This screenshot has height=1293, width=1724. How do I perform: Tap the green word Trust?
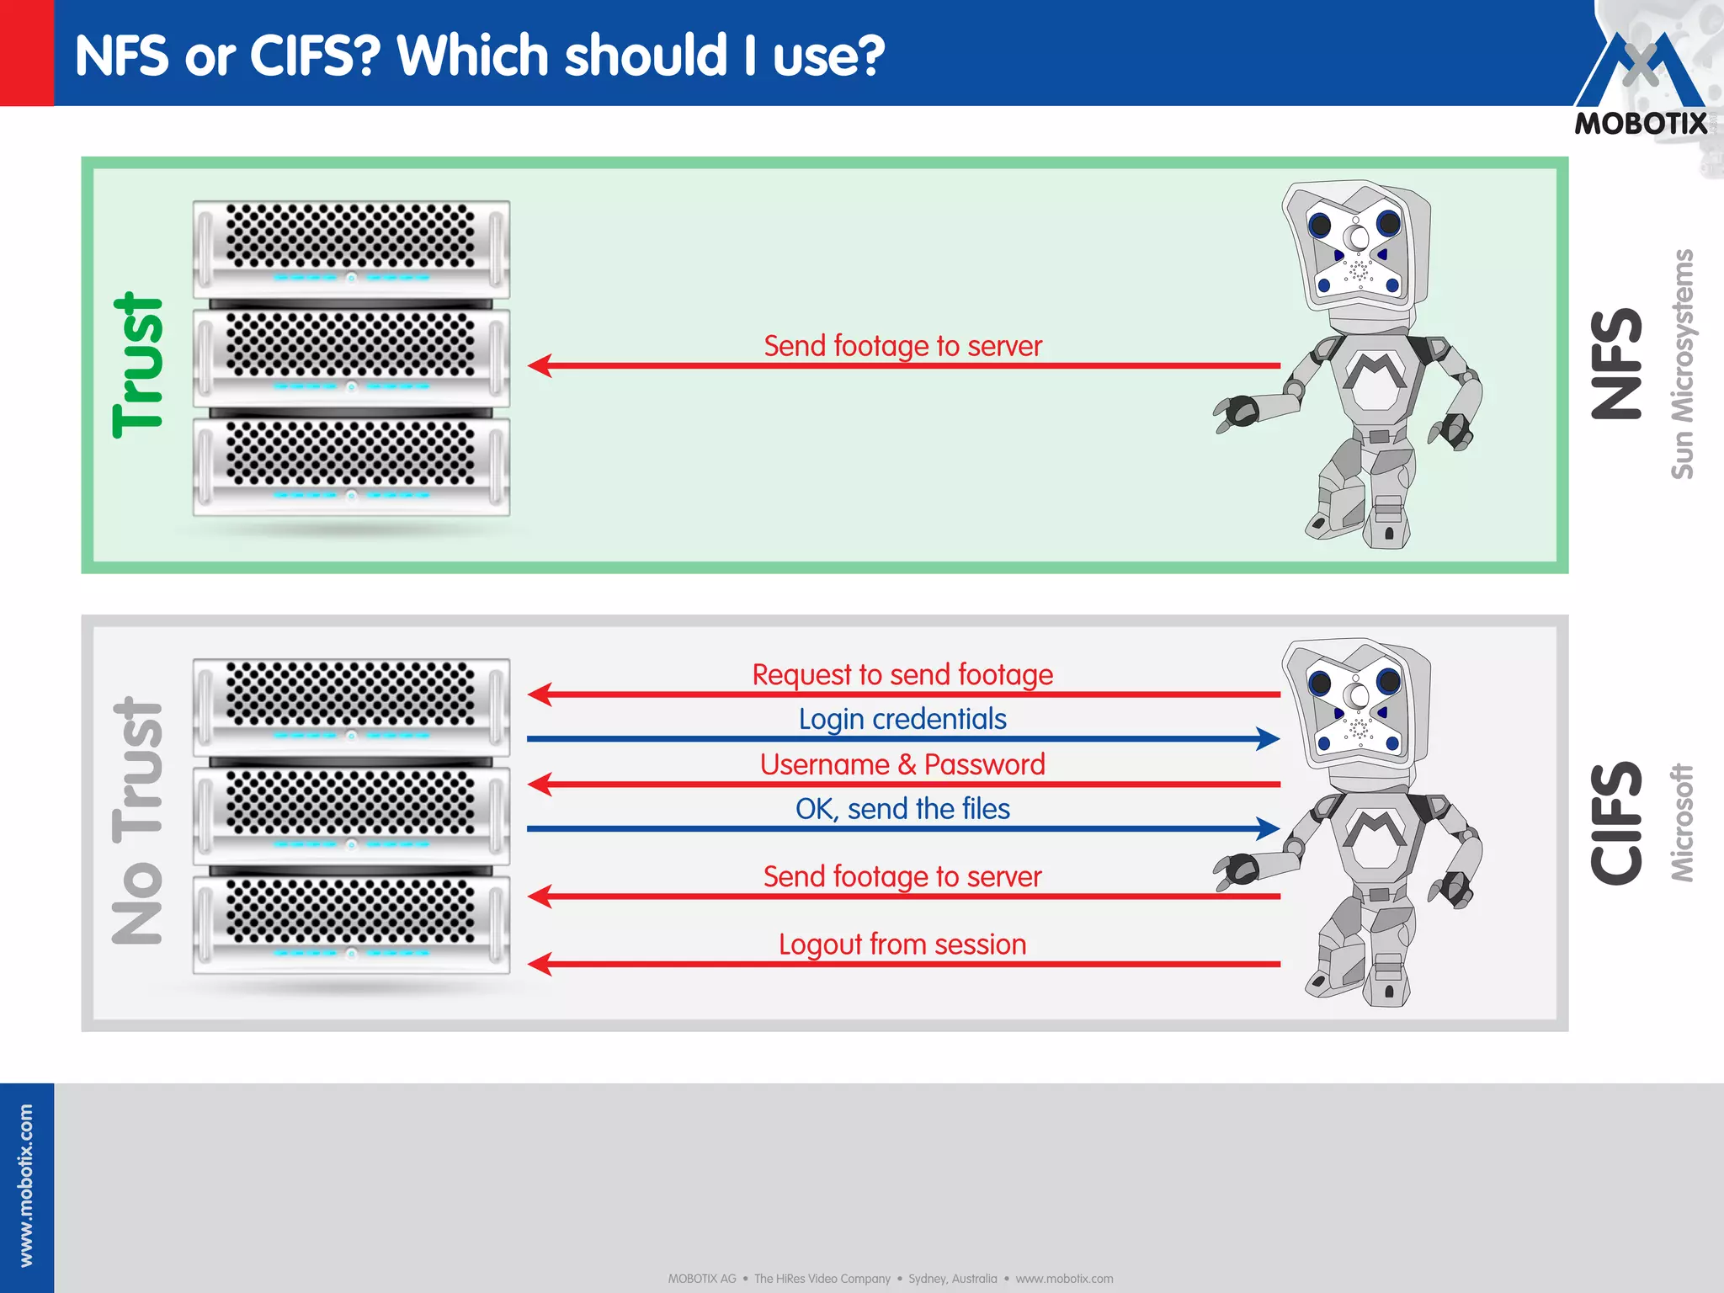pyautogui.click(x=138, y=364)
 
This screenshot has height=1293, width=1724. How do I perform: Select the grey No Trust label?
pyautogui.click(x=138, y=821)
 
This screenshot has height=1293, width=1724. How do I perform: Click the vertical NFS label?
pyautogui.click(x=1617, y=363)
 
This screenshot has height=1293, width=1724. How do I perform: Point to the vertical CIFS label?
pyautogui.click(x=1617, y=822)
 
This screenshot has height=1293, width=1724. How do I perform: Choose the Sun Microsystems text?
pyautogui.click(x=1682, y=364)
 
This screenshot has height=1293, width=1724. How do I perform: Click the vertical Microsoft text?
pyautogui.click(x=1682, y=822)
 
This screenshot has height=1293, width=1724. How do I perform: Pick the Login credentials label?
pyautogui.click(x=902, y=719)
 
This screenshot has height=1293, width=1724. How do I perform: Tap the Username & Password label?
pyautogui.click(x=902, y=764)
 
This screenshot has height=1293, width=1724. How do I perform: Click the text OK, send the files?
pyautogui.click(x=902, y=809)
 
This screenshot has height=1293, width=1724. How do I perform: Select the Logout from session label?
pyautogui.click(x=902, y=944)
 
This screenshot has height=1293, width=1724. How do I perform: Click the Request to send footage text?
pyautogui.click(x=902, y=674)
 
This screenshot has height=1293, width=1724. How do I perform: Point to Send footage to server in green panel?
pyautogui.click(x=902, y=346)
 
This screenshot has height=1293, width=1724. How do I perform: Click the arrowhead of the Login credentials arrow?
pyautogui.click(x=1269, y=739)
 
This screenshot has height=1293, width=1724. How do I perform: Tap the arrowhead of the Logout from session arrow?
pyautogui.click(x=540, y=964)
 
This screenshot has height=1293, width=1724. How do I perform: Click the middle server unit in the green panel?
pyautogui.click(x=351, y=358)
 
